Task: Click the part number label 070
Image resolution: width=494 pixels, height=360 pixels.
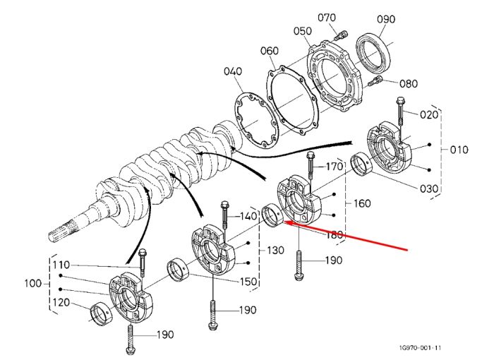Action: coord(326,18)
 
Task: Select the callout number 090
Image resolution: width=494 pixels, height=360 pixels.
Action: coord(386,19)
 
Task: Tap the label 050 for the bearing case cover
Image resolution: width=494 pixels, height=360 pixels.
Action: coord(303,31)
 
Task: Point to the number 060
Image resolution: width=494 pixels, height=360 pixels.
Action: coord(270,51)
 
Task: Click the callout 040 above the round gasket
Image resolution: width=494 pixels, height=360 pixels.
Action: coord(233,71)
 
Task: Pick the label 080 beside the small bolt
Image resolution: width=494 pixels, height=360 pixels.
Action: coord(409,84)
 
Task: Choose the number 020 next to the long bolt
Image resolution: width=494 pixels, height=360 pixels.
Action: coord(429,114)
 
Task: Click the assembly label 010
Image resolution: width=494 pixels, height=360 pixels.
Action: coord(459,150)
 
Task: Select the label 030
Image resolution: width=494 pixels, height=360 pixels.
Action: coord(429,189)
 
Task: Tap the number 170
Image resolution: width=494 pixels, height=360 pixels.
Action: coord(334,166)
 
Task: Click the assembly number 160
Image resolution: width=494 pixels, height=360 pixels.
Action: coord(362,203)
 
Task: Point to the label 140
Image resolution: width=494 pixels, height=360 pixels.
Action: coord(248,216)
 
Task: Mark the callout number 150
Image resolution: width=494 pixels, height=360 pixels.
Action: coord(248,282)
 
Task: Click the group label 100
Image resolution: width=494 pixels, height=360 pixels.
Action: coord(33,283)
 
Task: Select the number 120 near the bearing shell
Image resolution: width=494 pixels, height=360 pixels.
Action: coord(61,302)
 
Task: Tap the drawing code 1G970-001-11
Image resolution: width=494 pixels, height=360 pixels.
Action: coord(420,348)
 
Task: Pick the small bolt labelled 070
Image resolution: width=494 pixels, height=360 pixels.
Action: coord(341,35)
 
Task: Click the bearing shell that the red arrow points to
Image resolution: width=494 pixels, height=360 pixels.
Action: coord(273,215)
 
